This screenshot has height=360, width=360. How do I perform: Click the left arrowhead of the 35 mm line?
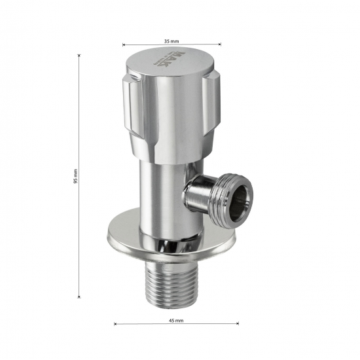[x=124, y=45]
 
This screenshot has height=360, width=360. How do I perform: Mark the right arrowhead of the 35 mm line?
[x=219, y=45]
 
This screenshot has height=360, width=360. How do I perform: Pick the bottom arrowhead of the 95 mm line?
[x=80, y=297]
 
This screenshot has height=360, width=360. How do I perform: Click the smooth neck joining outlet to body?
[x=196, y=196]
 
